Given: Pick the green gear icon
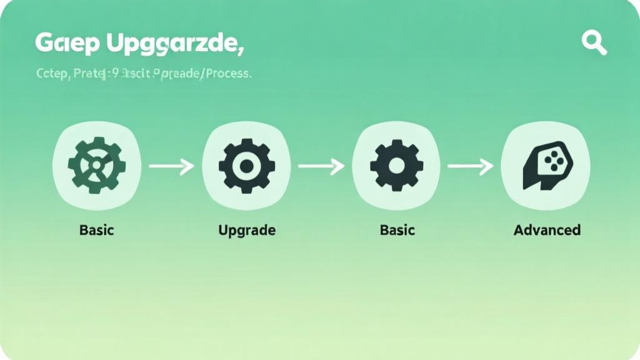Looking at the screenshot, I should click(97, 166).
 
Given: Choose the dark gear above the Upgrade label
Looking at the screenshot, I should click(247, 166).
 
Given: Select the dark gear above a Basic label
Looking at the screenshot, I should click(397, 166).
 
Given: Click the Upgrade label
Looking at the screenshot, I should click(247, 230).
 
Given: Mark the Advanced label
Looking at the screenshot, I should click(547, 230).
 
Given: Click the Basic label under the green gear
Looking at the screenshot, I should click(97, 230).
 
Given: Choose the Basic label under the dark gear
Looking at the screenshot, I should click(397, 230).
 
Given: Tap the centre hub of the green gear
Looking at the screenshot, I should click(97, 166).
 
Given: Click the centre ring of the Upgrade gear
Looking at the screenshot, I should click(247, 166).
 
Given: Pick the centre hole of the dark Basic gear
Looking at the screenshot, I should click(397, 166).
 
